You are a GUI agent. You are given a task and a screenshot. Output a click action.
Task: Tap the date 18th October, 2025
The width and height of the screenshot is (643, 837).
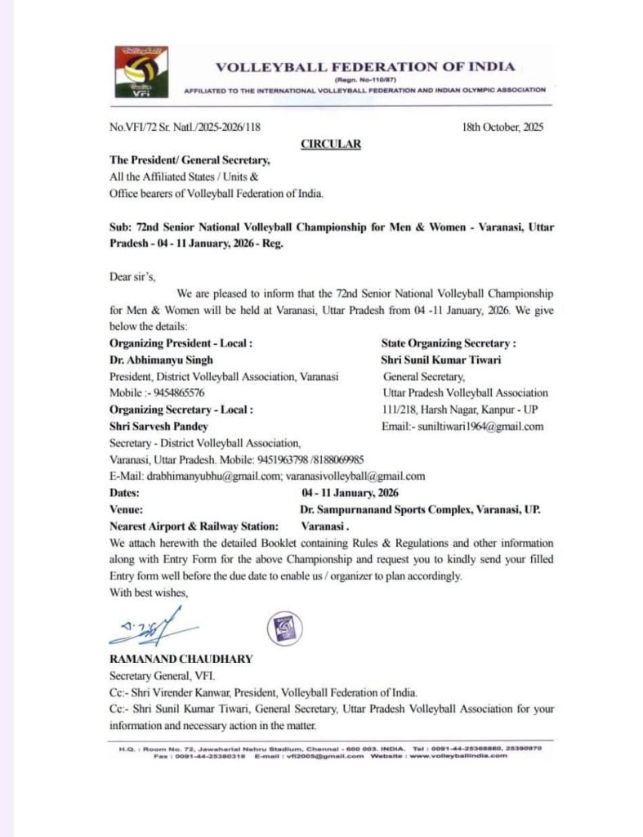coord(502,127)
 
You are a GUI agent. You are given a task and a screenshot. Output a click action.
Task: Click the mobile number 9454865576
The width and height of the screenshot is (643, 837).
coord(174,392)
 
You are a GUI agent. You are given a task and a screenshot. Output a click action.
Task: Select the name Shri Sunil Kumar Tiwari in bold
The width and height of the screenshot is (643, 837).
coord(440,360)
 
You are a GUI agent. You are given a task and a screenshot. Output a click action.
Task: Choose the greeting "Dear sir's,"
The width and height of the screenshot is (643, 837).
coord(135,276)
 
